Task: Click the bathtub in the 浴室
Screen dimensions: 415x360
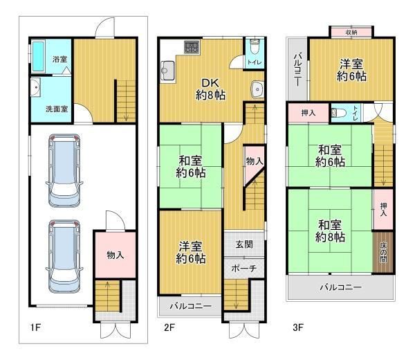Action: point(38,56)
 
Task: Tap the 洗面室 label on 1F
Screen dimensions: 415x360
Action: point(57,109)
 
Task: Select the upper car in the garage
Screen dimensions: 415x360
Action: point(64,170)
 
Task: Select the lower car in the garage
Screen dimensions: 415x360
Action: point(64,256)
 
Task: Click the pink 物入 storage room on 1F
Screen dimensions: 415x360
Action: point(116,255)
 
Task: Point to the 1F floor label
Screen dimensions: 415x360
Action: point(35,327)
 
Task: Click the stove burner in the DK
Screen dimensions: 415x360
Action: point(192,46)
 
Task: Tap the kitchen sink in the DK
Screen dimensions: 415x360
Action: point(167,71)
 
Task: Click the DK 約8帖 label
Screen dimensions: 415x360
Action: point(211,89)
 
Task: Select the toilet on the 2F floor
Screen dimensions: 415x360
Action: point(255,46)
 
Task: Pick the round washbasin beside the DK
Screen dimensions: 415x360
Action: point(257,89)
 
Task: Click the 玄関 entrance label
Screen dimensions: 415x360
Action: point(244,244)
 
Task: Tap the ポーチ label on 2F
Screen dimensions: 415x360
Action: point(244,269)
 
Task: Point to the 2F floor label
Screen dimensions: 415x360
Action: point(169,327)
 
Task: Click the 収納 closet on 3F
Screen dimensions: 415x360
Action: point(351,32)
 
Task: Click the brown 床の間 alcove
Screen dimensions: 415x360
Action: point(383,252)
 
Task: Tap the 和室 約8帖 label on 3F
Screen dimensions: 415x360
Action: point(330,231)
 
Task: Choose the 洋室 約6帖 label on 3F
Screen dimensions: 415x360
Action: point(351,70)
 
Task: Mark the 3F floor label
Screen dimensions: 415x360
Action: point(298,327)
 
